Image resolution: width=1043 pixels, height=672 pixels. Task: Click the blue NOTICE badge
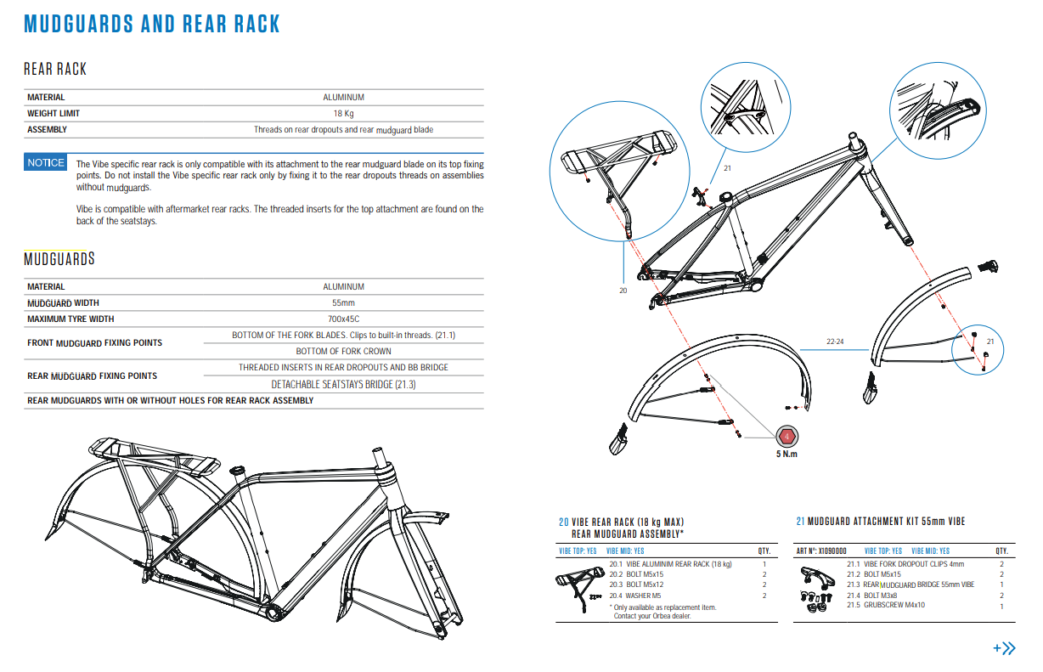coord(45,163)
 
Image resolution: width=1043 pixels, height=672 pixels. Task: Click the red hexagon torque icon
coord(787,437)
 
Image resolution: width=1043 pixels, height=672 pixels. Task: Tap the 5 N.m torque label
coord(787,454)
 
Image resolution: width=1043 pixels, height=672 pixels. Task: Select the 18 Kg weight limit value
coord(343,114)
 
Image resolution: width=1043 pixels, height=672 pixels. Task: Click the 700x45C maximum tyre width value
coord(343,319)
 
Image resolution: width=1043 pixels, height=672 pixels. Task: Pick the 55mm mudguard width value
coord(343,303)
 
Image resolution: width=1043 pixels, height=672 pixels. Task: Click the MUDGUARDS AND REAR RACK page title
coord(152,24)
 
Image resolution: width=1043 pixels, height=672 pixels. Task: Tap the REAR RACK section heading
coord(55,69)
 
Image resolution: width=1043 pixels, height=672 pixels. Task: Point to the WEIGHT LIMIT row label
coord(54,114)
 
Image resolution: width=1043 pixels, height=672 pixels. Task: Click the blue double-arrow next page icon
coord(1005,648)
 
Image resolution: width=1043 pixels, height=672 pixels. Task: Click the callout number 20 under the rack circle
coord(623,291)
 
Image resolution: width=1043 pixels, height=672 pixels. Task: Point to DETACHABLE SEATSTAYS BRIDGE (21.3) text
coord(343,385)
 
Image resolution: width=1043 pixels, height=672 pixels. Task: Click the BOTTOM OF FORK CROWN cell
coord(343,351)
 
